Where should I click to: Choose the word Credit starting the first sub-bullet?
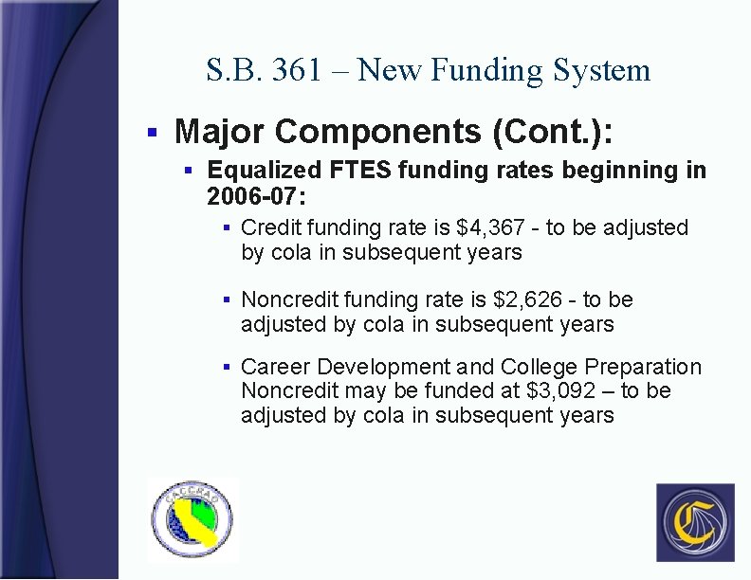tap(268, 227)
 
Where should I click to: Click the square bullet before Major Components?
tap(152, 132)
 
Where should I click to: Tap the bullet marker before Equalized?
tap(188, 171)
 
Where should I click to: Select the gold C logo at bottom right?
tap(695, 522)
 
